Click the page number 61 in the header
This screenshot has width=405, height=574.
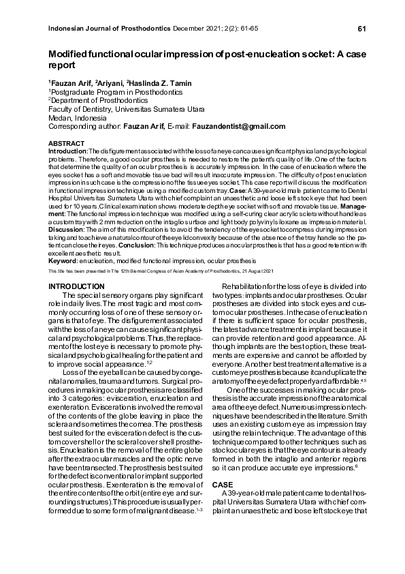click(x=361, y=28)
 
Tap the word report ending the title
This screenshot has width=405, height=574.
click(x=61, y=67)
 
